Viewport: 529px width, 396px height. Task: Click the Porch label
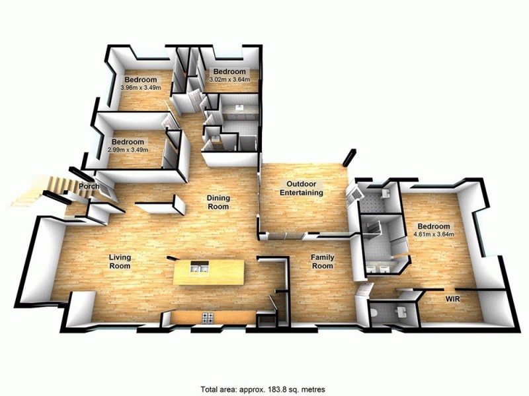click(89, 186)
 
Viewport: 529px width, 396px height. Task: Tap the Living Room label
click(119, 261)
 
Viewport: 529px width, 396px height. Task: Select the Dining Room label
click(218, 202)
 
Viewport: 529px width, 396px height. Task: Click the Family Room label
click(323, 261)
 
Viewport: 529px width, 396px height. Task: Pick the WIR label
click(452, 299)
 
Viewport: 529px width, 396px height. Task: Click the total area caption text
click(263, 389)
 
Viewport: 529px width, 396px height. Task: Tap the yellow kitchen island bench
click(208, 271)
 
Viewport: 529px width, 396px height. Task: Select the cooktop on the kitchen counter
click(206, 318)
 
